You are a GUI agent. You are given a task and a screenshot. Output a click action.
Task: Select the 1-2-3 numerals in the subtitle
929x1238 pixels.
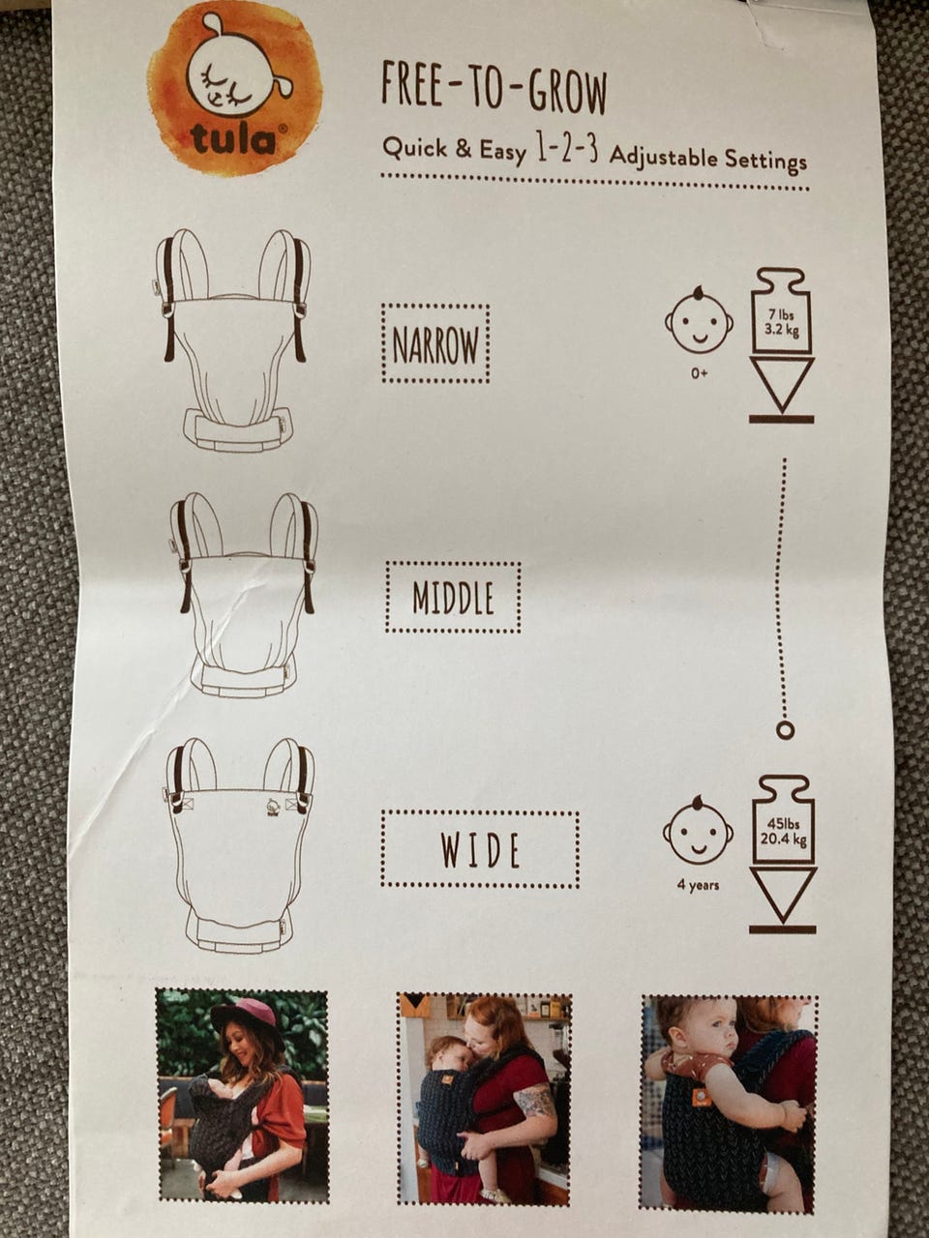(x=567, y=152)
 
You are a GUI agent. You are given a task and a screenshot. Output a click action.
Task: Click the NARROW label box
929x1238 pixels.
(x=435, y=344)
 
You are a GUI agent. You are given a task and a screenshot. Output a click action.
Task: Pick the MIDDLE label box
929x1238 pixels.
(x=454, y=598)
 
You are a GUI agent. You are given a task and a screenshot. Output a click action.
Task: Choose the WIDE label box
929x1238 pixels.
(x=480, y=849)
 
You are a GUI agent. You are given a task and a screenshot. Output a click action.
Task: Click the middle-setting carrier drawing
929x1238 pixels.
(x=244, y=594)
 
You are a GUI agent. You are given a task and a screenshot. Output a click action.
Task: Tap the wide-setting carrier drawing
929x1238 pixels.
(x=240, y=845)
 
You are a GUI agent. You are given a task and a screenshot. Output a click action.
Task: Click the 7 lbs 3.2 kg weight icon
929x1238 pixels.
(x=781, y=345)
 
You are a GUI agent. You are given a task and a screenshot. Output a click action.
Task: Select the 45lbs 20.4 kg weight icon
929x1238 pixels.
(x=782, y=854)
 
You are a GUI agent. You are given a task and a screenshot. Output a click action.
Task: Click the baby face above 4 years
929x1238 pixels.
(x=698, y=831)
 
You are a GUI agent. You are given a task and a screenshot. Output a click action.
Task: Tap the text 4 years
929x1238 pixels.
(x=698, y=885)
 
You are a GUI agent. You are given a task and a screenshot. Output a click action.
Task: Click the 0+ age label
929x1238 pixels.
(x=700, y=373)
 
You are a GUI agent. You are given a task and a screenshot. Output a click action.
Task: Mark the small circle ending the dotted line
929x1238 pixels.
(x=785, y=730)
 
